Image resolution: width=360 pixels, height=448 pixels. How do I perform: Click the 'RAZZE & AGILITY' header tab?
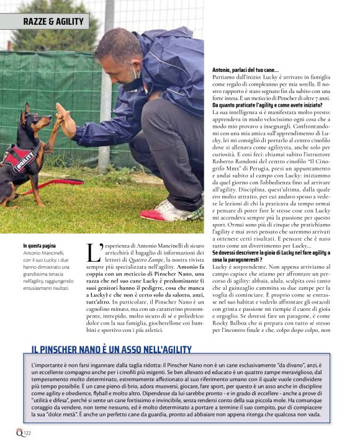(53, 22)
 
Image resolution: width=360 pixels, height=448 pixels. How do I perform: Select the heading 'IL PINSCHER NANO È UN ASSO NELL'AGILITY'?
(111, 350)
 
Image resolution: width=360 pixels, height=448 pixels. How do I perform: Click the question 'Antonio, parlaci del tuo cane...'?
(245, 69)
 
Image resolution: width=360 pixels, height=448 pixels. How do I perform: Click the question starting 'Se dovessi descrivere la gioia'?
(271, 253)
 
